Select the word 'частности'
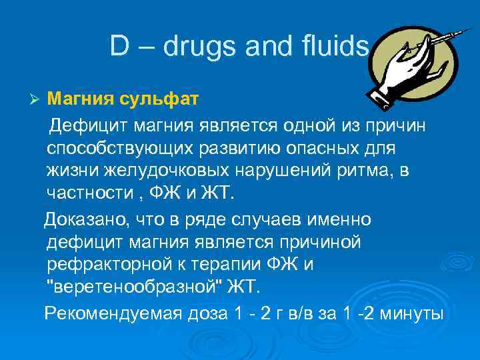(86, 193)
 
